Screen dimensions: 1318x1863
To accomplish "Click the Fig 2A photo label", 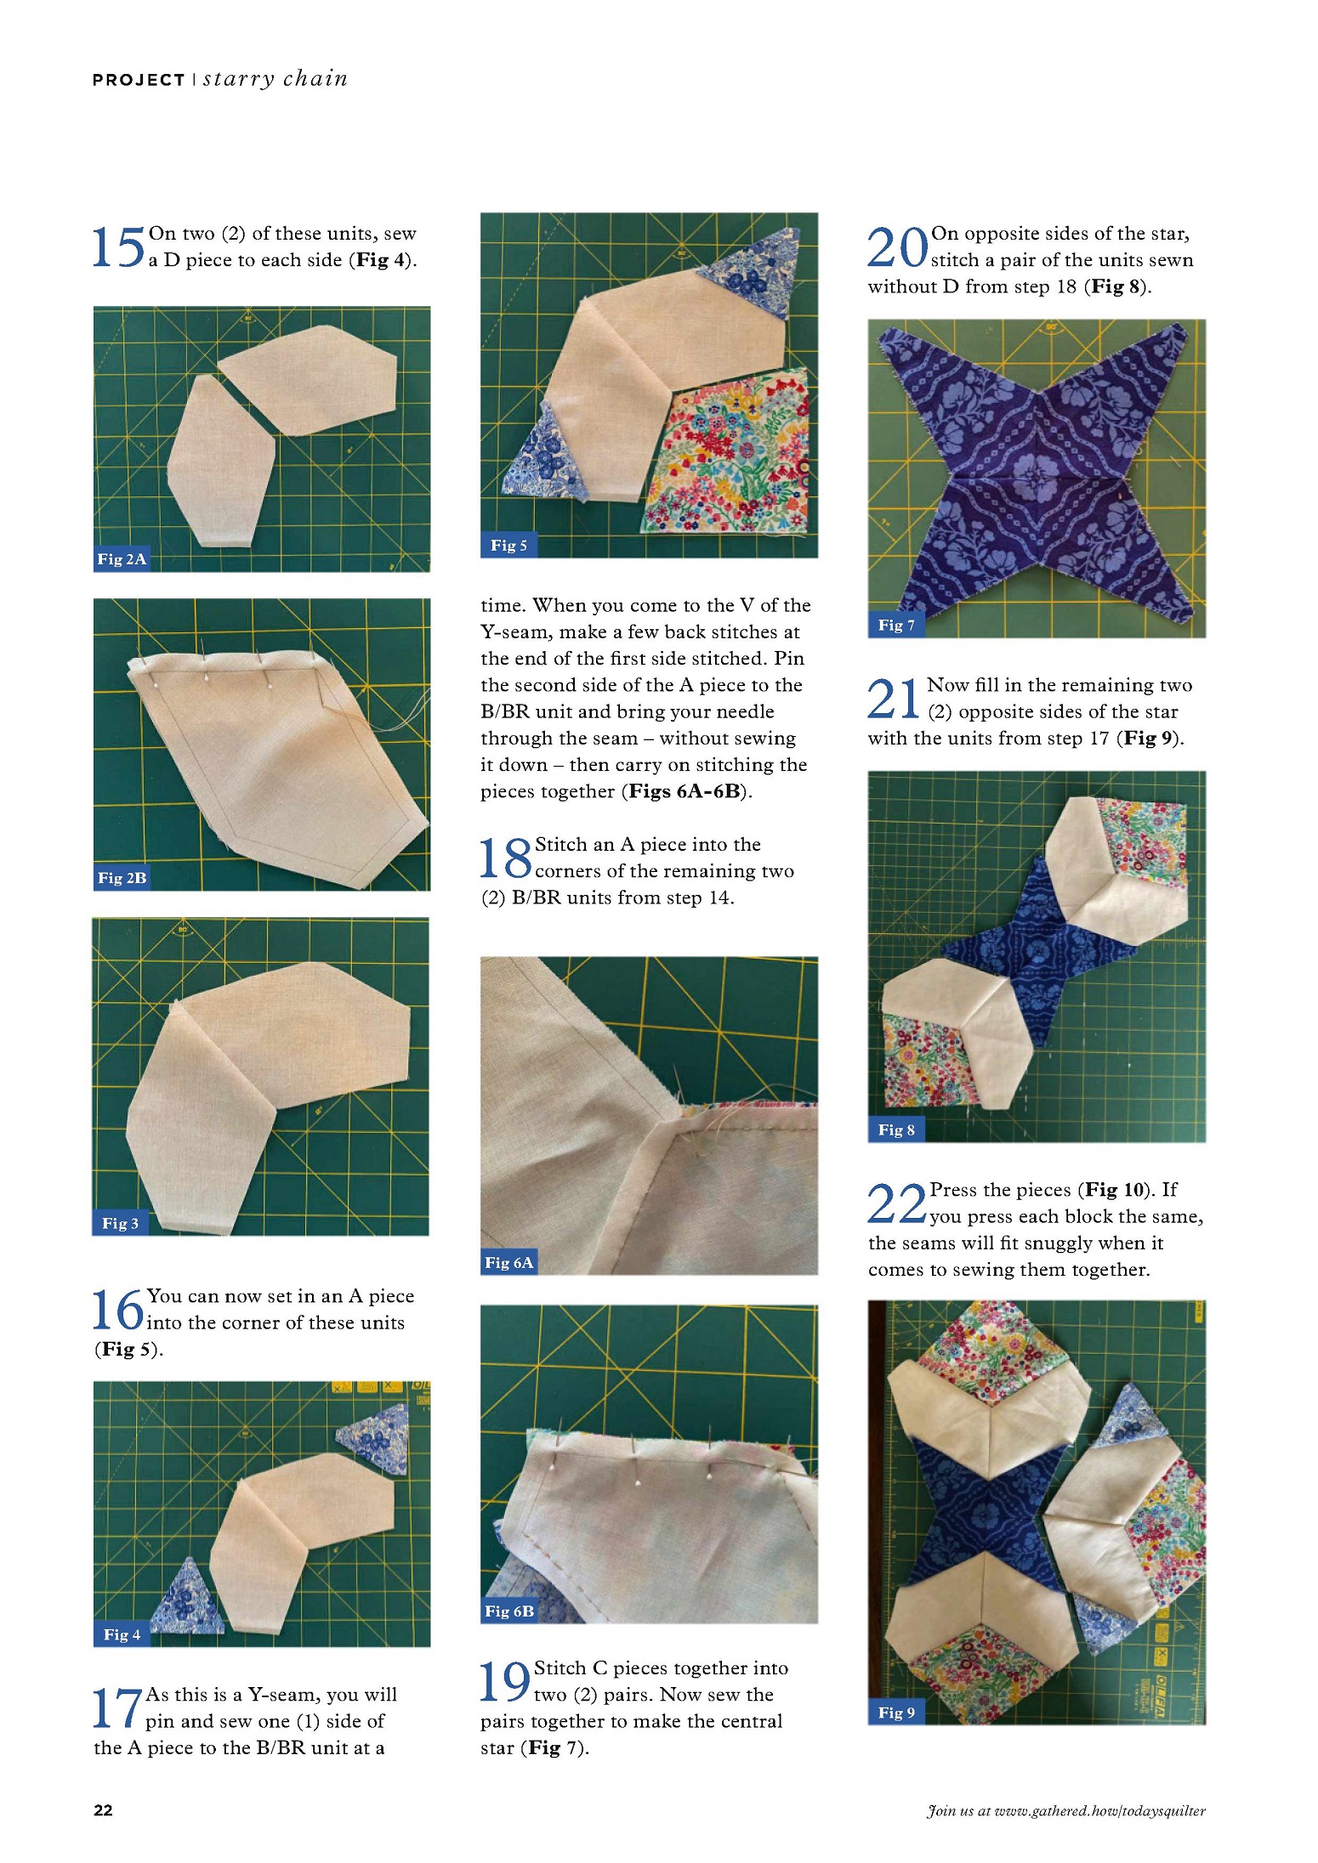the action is [122, 558].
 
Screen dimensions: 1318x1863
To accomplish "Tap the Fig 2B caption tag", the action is [122, 877].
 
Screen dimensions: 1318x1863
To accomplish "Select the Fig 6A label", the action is [509, 1262].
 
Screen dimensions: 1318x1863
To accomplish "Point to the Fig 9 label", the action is [896, 1712].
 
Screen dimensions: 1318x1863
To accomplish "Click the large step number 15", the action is [118, 247].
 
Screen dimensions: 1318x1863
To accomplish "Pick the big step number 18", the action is [505, 858].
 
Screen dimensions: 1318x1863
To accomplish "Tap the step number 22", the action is [896, 1203].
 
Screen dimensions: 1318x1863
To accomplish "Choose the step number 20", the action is [897, 247].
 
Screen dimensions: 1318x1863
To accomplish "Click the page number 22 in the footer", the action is [103, 1810].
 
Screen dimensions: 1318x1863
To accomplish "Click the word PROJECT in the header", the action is [139, 80].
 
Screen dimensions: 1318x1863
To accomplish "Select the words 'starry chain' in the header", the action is [276, 79].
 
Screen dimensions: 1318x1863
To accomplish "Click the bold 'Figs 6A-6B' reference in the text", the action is [685, 791].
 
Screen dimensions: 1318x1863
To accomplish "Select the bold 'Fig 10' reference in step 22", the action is [1115, 1190].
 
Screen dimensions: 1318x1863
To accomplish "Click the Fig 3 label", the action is [120, 1223].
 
